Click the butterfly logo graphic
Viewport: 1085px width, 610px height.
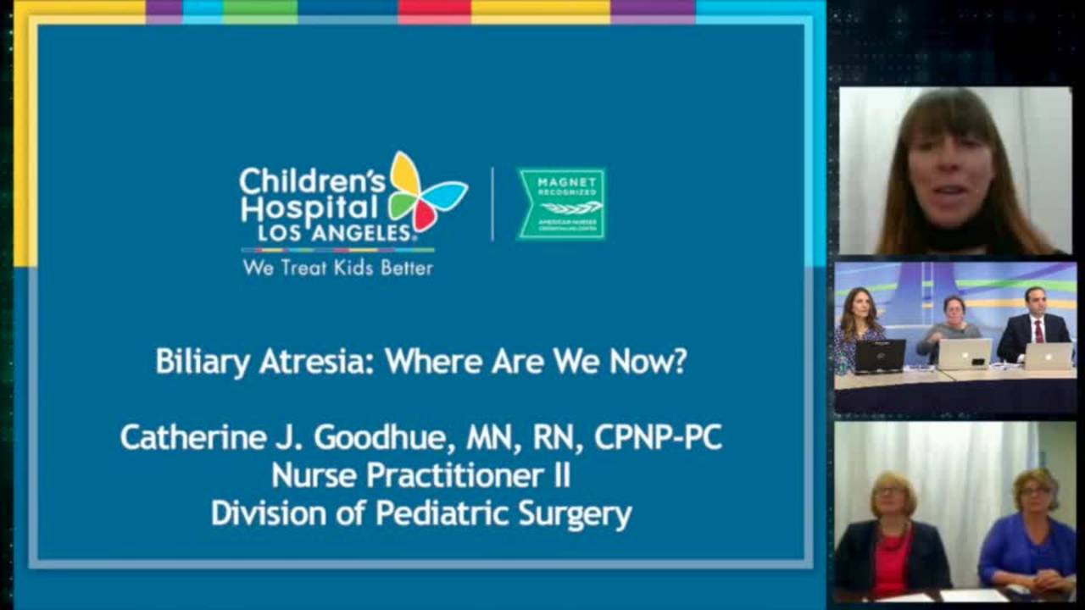[426, 191]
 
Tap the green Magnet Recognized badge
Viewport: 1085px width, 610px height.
[561, 203]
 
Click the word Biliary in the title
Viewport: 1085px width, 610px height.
[203, 362]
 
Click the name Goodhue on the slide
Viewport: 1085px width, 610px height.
[387, 437]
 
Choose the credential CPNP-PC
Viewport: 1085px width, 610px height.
[658, 437]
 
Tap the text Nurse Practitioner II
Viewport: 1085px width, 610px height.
[420, 475]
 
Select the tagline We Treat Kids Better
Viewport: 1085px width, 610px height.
[337, 268]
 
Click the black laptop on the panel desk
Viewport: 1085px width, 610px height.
[879, 356]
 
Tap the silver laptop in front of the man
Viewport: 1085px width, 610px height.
[1049, 356]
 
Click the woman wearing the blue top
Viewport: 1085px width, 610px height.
[1028, 534]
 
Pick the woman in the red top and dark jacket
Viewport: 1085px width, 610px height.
[892, 538]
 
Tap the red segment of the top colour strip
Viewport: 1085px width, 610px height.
[434, 10]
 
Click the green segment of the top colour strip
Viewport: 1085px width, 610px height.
[260, 10]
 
